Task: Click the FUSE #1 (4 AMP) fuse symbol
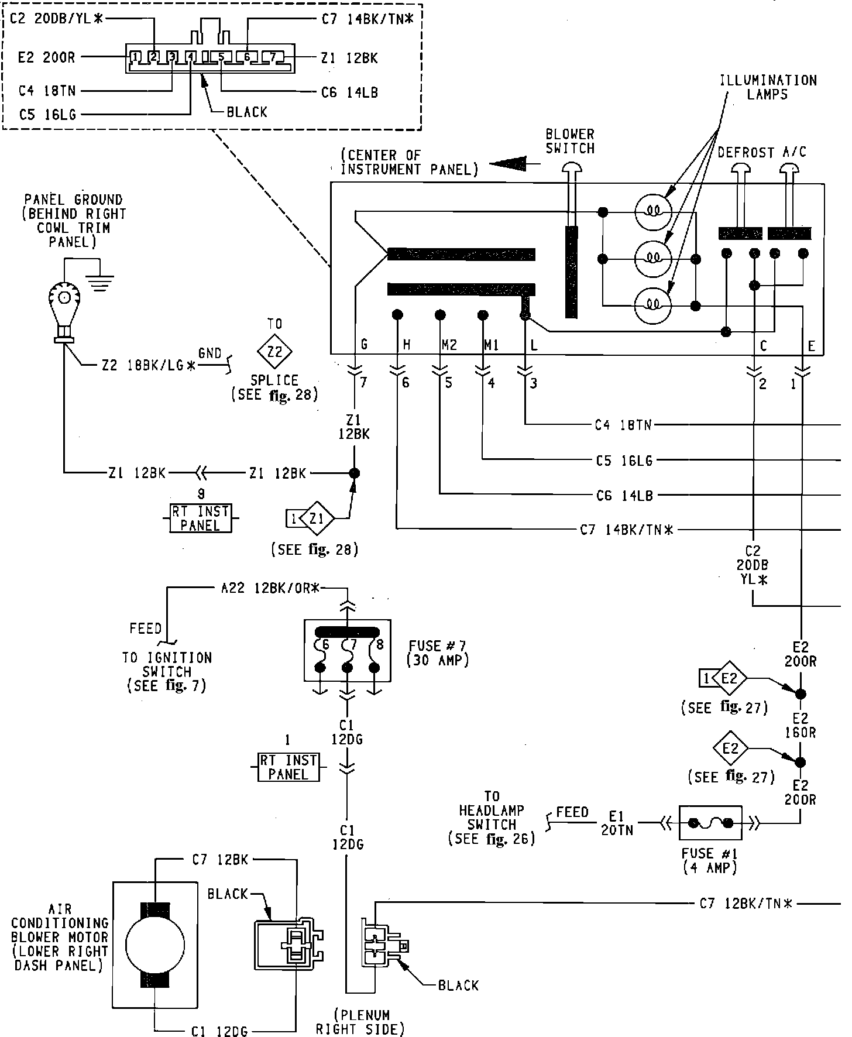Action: pyautogui.click(x=710, y=823)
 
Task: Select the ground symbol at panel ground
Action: pyautogui.click(x=101, y=283)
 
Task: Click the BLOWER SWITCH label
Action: pyautogui.click(x=570, y=141)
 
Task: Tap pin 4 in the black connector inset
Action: pyautogui.click(x=191, y=57)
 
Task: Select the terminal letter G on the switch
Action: pyautogui.click(x=364, y=345)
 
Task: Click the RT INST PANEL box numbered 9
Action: pyautogui.click(x=200, y=518)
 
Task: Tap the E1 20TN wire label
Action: pyautogui.click(x=617, y=823)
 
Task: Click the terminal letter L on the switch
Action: pyautogui.click(x=533, y=346)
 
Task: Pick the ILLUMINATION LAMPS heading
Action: pyautogui.click(x=768, y=87)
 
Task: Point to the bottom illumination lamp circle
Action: pyautogui.click(x=653, y=304)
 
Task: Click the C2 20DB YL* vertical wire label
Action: pyautogui.click(x=753, y=565)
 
